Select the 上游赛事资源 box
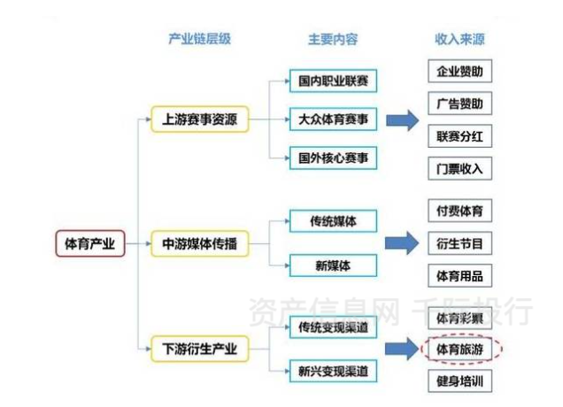(x=199, y=119)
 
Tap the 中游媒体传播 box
(x=199, y=242)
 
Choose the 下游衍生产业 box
(x=199, y=348)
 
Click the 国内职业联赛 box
(x=333, y=81)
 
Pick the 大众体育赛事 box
(x=333, y=119)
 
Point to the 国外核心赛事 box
(x=333, y=157)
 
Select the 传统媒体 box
(x=333, y=219)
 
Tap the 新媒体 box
(x=333, y=264)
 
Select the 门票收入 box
(x=459, y=168)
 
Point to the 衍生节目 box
(x=459, y=243)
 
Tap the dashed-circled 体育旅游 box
(x=459, y=349)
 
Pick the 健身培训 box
(x=459, y=382)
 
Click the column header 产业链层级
(x=199, y=40)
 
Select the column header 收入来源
(x=459, y=40)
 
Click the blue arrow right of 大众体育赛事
(x=401, y=119)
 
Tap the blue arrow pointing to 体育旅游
(x=401, y=349)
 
